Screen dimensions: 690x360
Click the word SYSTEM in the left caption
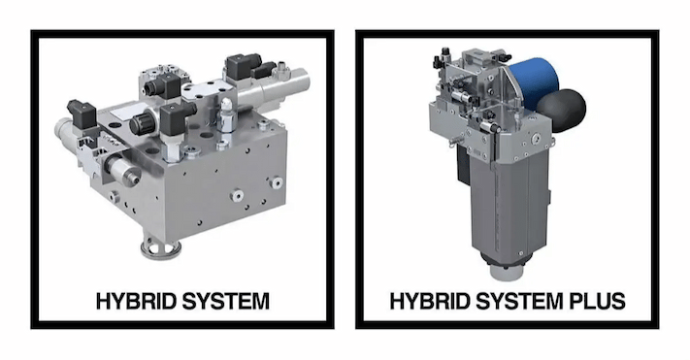[x=226, y=302]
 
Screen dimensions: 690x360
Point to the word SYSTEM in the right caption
[x=520, y=302]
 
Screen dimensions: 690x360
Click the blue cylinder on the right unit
[x=535, y=82]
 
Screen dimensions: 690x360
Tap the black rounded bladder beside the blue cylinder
[x=563, y=110]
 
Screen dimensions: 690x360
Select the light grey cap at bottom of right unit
[x=508, y=270]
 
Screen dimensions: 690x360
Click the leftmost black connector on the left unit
[x=82, y=114]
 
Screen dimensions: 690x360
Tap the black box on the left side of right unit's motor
[x=463, y=164]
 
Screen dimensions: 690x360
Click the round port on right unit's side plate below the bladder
[x=535, y=139]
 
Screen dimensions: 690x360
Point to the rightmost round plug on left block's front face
[x=277, y=182]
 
